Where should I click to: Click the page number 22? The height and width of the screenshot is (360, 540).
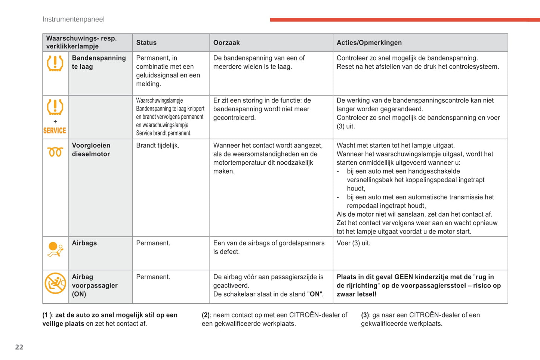[x=19, y=347]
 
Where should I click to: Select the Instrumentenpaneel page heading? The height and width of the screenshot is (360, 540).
[x=73, y=19]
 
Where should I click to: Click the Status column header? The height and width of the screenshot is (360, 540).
[x=146, y=43]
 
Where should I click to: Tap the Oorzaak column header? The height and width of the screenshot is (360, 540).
[x=226, y=43]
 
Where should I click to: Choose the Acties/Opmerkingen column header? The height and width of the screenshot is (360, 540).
[x=369, y=43]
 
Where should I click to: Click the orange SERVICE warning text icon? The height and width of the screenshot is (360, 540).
[x=55, y=130]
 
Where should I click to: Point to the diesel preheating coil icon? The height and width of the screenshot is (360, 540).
[x=55, y=152]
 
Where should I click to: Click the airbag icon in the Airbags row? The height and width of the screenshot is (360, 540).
[x=55, y=250]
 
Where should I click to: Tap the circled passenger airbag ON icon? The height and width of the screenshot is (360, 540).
[x=55, y=283]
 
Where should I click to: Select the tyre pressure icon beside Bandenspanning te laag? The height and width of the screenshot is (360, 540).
[x=55, y=63]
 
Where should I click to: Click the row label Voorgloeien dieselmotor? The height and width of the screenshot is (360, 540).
[x=91, y=150]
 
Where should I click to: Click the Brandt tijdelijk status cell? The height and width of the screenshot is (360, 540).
[x=158, y=146]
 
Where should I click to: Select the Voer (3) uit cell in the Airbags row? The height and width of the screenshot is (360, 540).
[x=353, y=243]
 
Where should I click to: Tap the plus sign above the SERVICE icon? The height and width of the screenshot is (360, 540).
[x=55, y=122]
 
